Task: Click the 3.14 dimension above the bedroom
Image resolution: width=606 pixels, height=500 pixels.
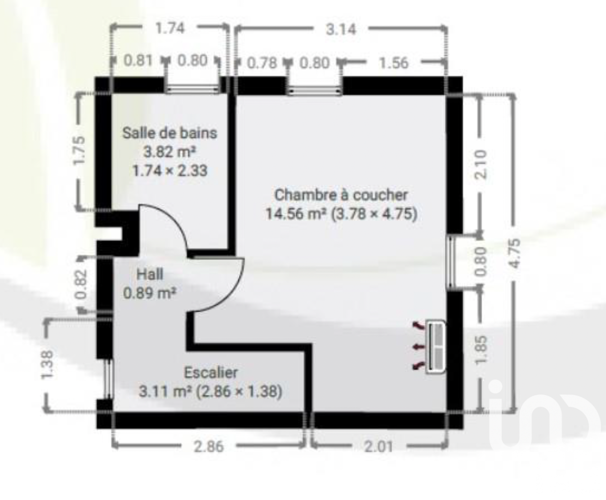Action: pyautogui.click(x=341, y=30)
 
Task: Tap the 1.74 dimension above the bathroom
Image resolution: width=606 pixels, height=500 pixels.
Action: pyautogui.click(x=170, y=29)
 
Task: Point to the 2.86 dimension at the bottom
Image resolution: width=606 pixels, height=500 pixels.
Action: pyautogui.click(x=209, y=447)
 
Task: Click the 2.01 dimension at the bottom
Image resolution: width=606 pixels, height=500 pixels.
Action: pyautogui.click(x=378, y=447)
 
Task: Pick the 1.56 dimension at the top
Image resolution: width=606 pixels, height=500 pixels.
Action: pyautogui.click(x=394, y=63)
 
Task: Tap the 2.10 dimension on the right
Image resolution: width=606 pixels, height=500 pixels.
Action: pyautogui.click(x=481, y=165)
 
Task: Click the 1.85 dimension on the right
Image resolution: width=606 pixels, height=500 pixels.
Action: pyautogui.click(x=481, y=349)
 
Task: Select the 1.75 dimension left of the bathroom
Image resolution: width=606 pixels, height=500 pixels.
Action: pyautogui.click(x=79, y=150)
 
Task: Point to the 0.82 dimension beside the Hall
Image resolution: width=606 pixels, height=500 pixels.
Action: pyautogui.click(x=81, y=284)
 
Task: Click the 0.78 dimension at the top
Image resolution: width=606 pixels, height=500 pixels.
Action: pyautogui.click(x=262, y=63)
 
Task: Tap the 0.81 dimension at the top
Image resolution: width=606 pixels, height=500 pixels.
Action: pyautogui.click(x=138, y=61)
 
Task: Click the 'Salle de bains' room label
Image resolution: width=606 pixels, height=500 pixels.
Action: pyautogui.click(x=170, y=133)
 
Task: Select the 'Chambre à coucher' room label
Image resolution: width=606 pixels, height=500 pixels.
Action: pyautogui.click(x=341, y=195)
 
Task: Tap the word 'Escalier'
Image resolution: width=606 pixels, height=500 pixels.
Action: pyautogui.click(x=211, y=373)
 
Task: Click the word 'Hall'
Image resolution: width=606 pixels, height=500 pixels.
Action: pyautogui.click(x=150, y=274)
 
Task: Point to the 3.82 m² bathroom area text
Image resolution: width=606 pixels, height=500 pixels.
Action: pyautogui.click(x=170, y=151)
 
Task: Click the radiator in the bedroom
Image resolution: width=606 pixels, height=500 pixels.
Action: pyautogui.click(x=435, y=347)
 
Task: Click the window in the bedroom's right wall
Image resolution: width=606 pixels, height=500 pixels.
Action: pyautogui.click(x=450, y=262)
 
